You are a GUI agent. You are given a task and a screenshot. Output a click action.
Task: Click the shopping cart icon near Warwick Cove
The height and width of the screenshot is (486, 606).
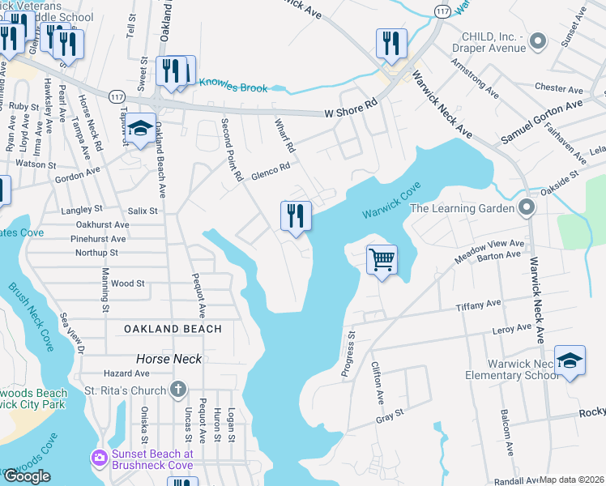[381, 261]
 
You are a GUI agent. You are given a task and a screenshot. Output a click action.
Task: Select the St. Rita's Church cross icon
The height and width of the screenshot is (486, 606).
[179, 390]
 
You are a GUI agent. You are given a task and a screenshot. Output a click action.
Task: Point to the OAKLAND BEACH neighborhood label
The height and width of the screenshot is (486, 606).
[173, 329]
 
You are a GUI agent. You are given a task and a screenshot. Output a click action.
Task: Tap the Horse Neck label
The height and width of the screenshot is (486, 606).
[169, 358]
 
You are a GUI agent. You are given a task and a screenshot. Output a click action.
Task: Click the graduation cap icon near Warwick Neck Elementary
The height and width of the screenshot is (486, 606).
[570, 361]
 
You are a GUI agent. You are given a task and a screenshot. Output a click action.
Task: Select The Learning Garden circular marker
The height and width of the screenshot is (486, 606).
[527, 208]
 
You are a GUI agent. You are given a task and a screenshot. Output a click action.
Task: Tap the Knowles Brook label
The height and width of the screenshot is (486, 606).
[233, 84]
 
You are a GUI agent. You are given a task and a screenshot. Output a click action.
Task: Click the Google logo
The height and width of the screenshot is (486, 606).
[27, 476]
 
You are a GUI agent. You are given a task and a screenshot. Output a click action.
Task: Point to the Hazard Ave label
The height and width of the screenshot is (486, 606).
[126, 373]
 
